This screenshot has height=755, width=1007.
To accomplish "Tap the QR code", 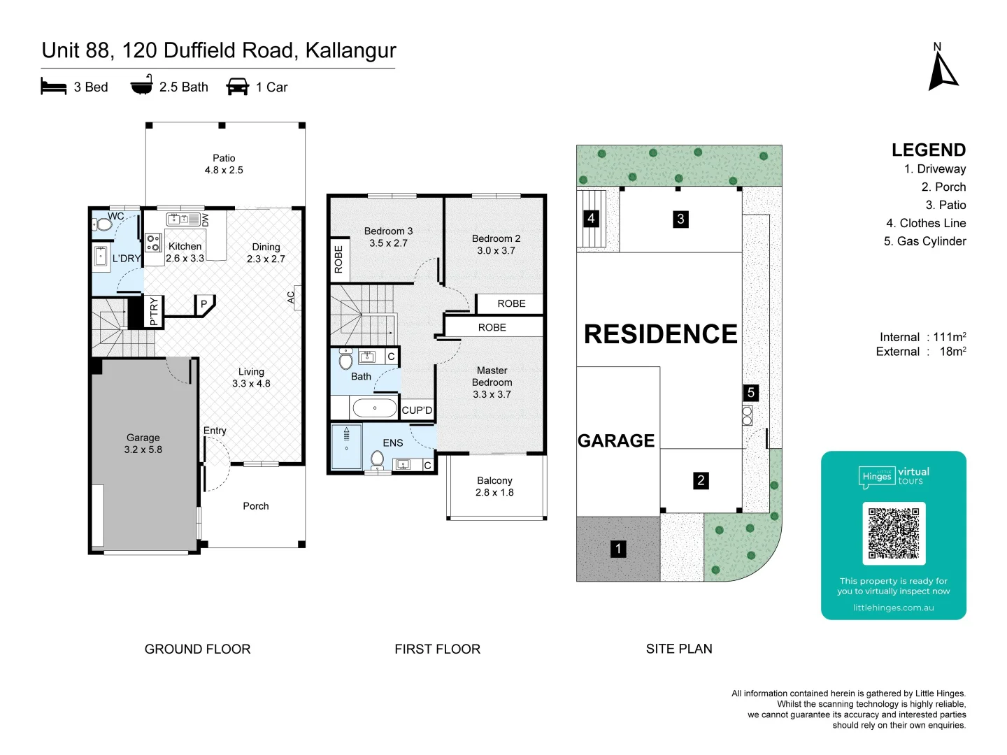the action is pyautogui.click(x=894, y=533).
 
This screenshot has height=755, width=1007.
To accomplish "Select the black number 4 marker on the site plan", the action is pyautogui.click(x=591, y=218).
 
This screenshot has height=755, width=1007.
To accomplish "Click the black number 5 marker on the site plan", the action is pyautogui.click(x=750, y=392).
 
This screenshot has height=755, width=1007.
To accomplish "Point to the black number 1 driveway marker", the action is pyautogui.click(x=618, y=549).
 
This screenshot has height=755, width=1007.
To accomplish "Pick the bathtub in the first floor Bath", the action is pyautogui.click(x=374, y=408).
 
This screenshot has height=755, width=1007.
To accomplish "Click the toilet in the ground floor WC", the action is pyautogui.click(x=102, y=225).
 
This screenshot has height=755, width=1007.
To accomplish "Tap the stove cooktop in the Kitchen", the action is pyautogui.click(x=153, y=243).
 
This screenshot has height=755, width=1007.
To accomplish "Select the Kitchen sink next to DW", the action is pyautogui.click(x=183, y=220).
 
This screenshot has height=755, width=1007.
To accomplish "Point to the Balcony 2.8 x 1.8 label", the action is pyautogui.click(x=494, y=487).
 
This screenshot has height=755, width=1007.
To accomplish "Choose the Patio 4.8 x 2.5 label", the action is pyautogui.click(x=224, y=164).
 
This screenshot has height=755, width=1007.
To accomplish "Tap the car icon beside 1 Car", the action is pyautogui.click(x=237, y=87).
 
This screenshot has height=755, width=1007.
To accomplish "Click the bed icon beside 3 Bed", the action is pyautogui.click(x=54, y=86).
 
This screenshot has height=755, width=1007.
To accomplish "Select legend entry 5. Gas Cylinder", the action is pyautogui.click(x=924, y=241).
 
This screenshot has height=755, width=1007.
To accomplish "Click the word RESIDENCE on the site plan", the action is pyautogui.click(x=661, y=333).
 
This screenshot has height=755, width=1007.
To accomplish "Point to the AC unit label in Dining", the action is pyautogui.click(x=291, y=298).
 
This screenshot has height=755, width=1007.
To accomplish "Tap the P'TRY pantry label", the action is pyautogui.click(x=154, y=311).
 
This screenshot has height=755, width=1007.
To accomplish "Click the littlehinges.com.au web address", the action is pyautogui.click(x=893, y=608).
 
